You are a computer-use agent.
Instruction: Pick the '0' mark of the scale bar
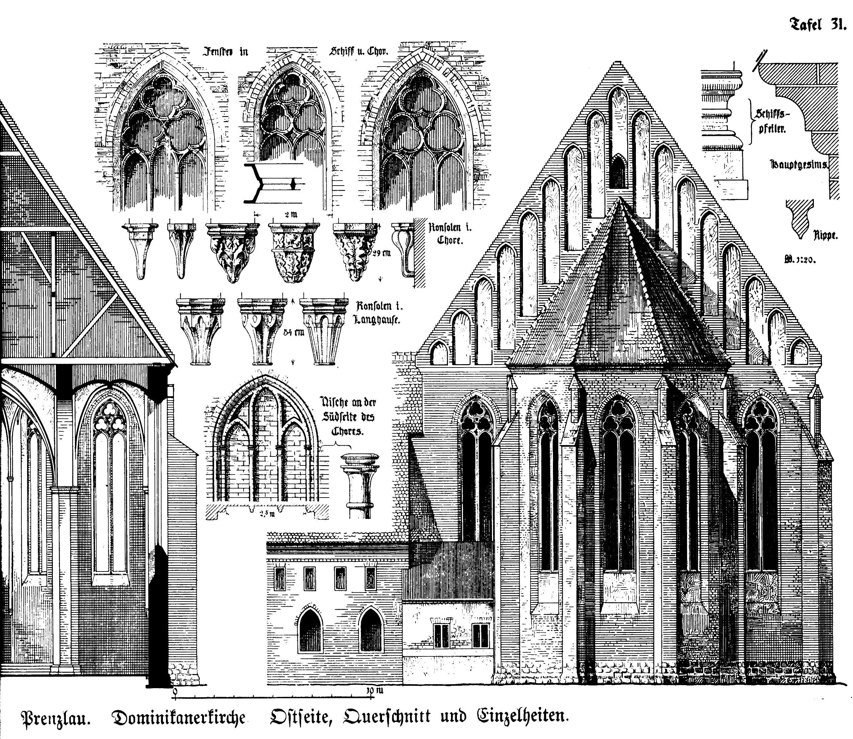175,691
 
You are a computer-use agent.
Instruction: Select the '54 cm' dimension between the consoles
293,332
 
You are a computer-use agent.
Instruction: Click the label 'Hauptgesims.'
799,165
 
